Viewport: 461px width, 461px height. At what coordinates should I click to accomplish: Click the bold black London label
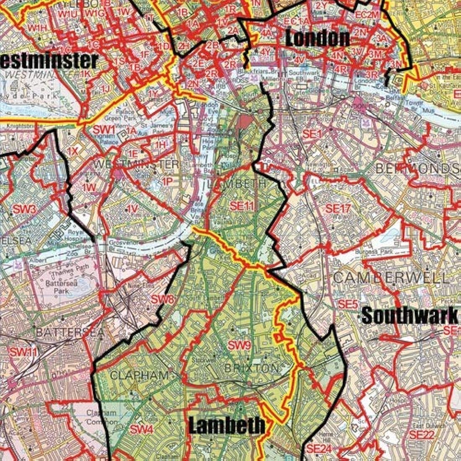(x=317, y=39)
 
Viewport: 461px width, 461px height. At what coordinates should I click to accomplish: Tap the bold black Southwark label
(x=409, y=316)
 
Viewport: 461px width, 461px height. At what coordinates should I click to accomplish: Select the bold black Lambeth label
(x=226, y=425)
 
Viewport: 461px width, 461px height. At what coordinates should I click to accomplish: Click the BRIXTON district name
(x=251, y=368)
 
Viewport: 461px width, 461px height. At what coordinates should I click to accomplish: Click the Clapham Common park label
(x=101, y=417)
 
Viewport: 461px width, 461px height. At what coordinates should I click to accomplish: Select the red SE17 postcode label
(x=338, y=208)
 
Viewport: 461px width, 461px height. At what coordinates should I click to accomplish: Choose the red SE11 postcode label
(x=242, y=206)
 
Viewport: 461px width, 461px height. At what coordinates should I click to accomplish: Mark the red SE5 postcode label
(x=348, y=304)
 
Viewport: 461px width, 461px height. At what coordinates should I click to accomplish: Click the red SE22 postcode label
(x=422, y=435)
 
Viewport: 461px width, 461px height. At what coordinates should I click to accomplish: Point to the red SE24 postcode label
(x=319, y=449)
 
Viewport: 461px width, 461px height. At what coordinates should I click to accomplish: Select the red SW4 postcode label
(x=141, y=430)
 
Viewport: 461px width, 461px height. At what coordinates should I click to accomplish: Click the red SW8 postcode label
(x=162, y=300)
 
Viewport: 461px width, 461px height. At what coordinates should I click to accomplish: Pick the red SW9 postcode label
(x=239, y=346)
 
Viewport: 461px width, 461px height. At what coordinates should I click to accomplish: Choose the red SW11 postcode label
(x=24, y=352)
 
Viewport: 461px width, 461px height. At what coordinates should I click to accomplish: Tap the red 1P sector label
(x=167, y=181)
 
